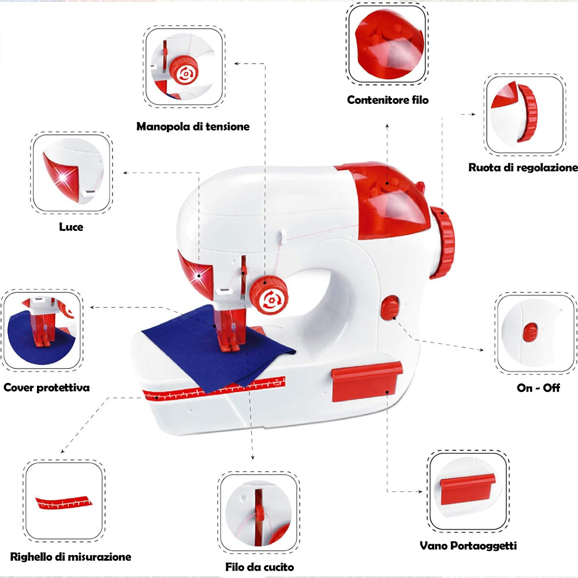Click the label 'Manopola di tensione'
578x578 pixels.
click(x=193, y=126)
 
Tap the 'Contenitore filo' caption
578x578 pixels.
click(x=387, y=100)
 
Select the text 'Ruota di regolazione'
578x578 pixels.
click(x=523, y=167)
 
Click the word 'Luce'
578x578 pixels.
click(x=71, y=227)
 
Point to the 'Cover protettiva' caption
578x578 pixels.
click(x=47, y=387)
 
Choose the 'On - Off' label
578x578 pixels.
click(x=538, y=387)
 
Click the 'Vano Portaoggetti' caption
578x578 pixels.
click(x=468, y=545)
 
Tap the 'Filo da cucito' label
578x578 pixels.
click(x=259, y=566)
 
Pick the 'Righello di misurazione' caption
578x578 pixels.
click(x=70, y=557)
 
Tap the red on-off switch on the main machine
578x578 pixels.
click(x=390, y=307)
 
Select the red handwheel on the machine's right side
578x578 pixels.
click(x=443, y=243)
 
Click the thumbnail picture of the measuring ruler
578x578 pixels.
click(x=64, y=500)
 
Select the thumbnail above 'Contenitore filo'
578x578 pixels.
click(x=387, y=44)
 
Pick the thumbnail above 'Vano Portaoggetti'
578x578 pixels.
click(x=468, y=491)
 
